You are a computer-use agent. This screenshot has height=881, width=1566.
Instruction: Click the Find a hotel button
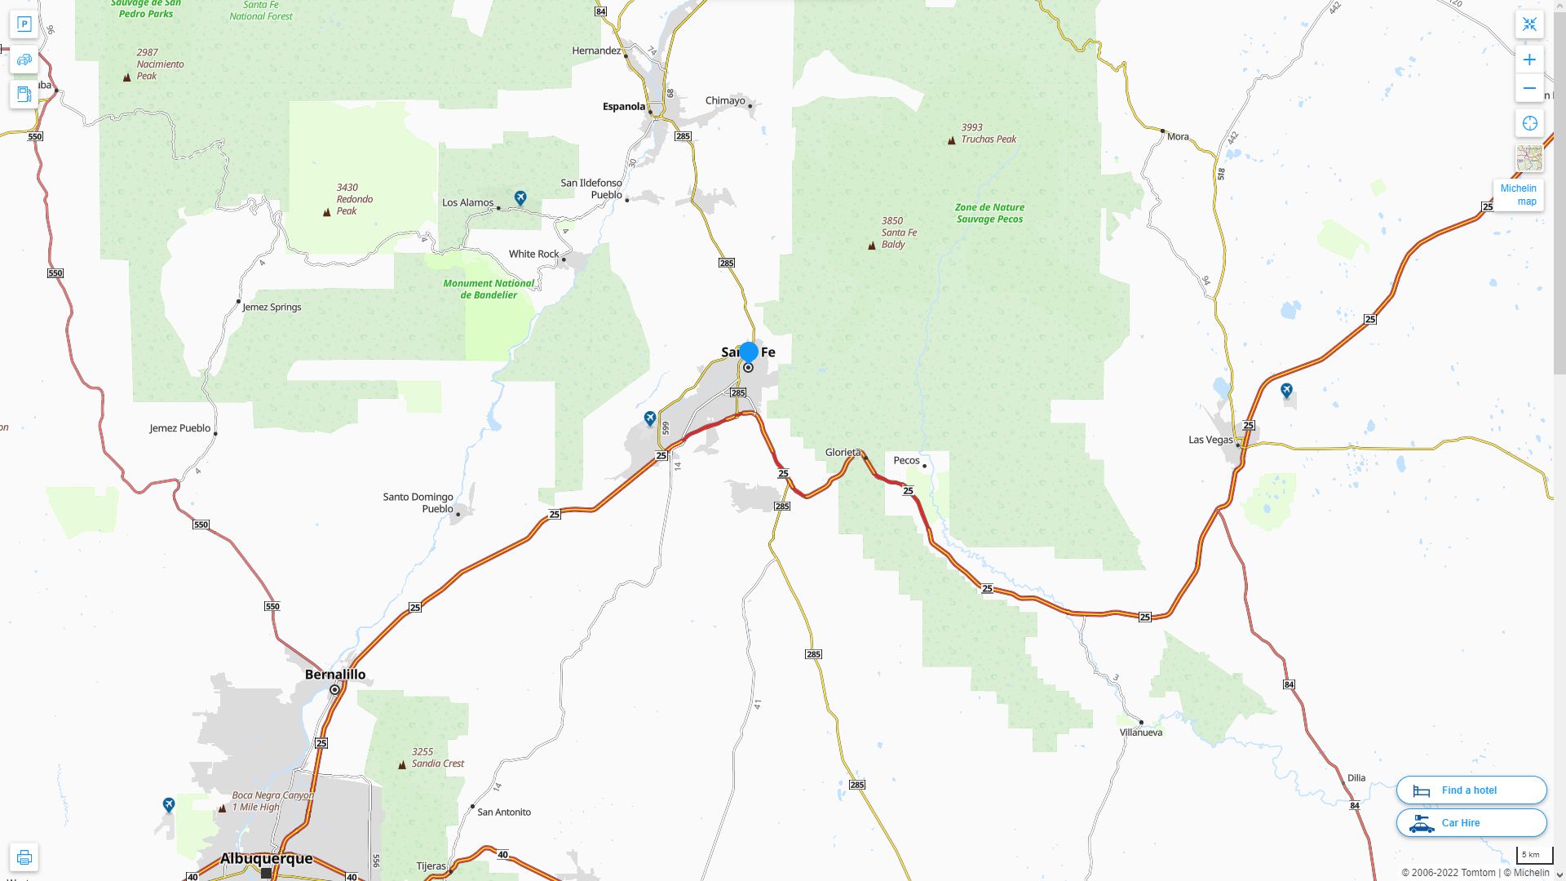click(x=1471, y=790)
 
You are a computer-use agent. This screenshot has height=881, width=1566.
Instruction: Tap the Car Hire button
click(x=1471, y=822)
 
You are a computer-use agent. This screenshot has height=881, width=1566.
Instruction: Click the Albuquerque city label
click(x=266, y=858)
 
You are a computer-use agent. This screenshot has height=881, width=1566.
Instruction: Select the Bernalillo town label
click(x=334, y=675)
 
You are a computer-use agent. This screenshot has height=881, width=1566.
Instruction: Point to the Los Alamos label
click(x=467, y=202)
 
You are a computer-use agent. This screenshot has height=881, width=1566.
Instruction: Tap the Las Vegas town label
click(x=1210, y=440)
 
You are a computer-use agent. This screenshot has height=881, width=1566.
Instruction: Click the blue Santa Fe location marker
click(x=748, y=352)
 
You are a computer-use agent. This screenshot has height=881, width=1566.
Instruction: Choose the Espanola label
click(x=623, y=106)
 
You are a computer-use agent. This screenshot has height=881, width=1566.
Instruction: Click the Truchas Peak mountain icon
click(x=951, y=140)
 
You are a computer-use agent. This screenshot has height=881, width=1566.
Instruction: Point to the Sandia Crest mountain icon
click(x=401, y=765)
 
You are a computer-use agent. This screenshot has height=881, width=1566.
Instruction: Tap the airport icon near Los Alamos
click(x=520, y=197)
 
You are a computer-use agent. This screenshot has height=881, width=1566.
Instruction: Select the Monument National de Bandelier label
click(x=489, y=289)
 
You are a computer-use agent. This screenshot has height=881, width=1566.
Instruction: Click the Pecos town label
click(x=906, y=460)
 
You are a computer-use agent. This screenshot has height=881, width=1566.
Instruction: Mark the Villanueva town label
click(x=1140, y=733)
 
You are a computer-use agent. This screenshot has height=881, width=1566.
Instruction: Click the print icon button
click(x=24, y=857)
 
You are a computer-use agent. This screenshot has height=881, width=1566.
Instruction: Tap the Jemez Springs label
click(x=272, y=308)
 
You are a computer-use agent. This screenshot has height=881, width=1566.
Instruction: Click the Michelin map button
click(x=1518, y=195)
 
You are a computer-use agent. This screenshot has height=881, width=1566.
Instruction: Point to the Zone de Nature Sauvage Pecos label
click(x=989, y=213)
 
